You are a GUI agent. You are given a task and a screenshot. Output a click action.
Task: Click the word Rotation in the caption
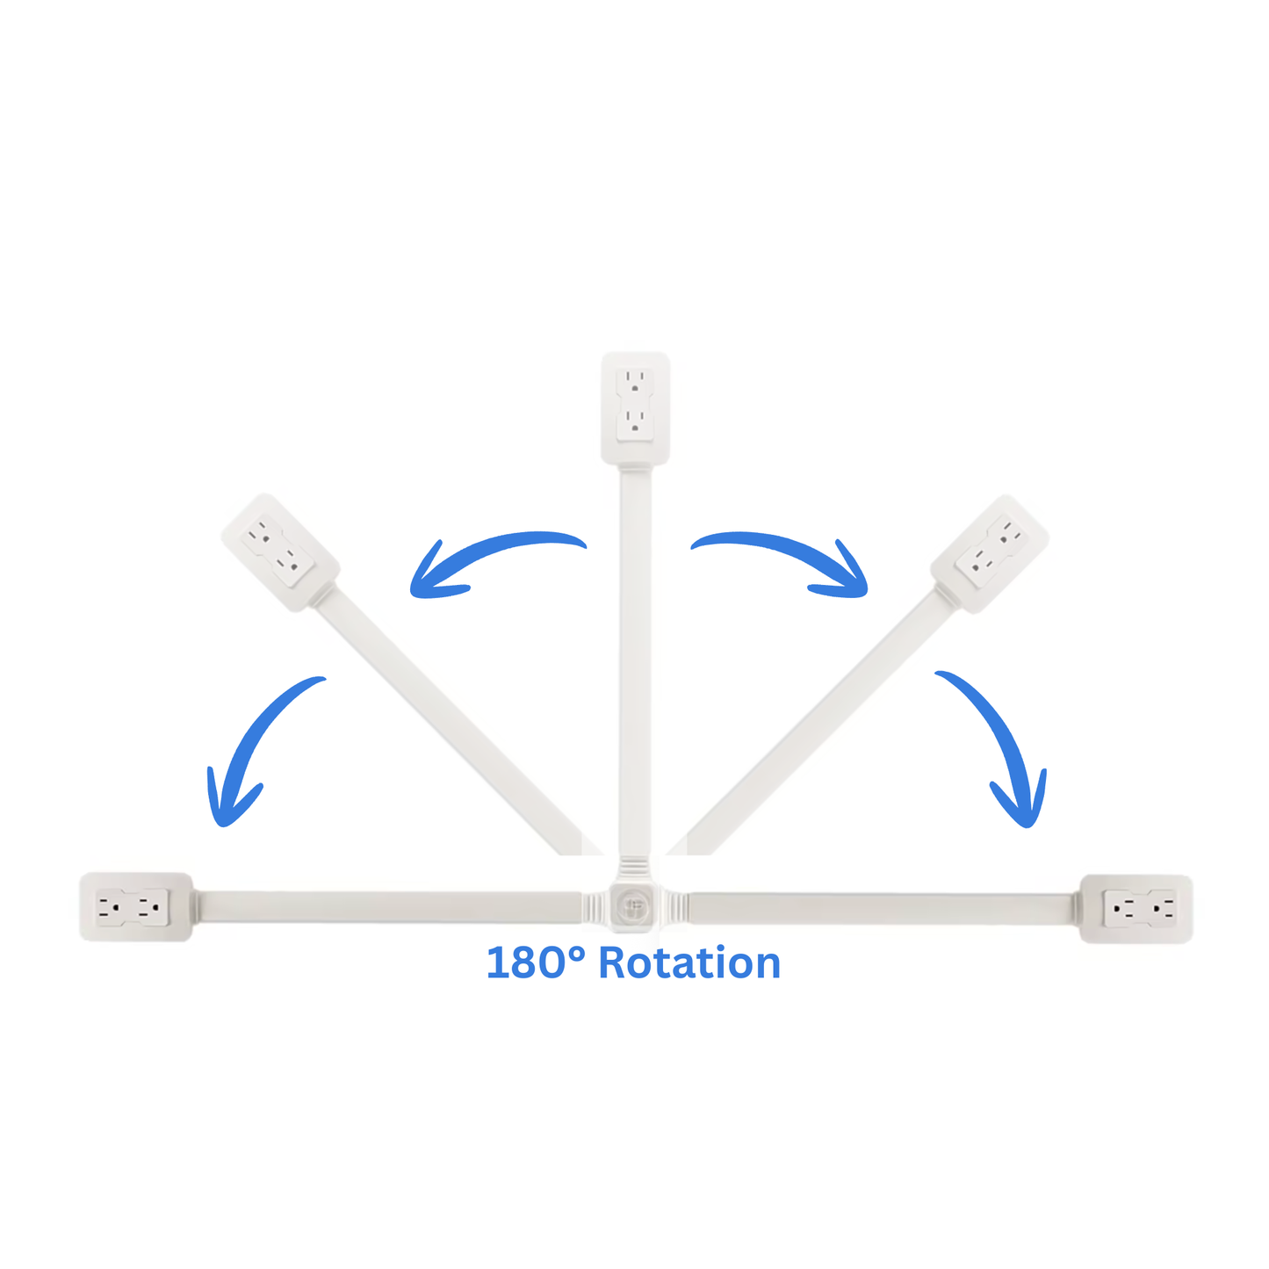(x=689, y=963)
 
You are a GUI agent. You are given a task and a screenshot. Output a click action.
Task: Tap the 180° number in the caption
(x=535, y=963)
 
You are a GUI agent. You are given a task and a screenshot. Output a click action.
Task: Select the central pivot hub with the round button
(x=634, y=905)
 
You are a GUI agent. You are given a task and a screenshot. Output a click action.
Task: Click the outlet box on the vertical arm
(x=635, y=407)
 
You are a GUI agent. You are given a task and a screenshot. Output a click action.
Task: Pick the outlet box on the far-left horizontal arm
(x=136, y=907)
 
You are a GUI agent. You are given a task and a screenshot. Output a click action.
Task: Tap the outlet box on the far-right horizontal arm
(x=1136, y=908)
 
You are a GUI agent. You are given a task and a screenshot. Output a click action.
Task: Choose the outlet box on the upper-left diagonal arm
(x=280, y=552)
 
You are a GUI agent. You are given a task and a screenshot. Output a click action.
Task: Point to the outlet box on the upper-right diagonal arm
(x=990, y=552)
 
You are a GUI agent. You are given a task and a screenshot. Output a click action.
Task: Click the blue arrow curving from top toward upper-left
(x=492, y=560)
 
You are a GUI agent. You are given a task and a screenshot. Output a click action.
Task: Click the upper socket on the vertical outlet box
(x=635, y=380)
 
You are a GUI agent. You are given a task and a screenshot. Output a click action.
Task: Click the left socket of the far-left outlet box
(x=111, y=908)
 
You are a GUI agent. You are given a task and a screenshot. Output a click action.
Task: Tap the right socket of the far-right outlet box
(x=1162, y=908)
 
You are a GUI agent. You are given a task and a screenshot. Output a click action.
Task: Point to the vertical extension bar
(x=635, y=659)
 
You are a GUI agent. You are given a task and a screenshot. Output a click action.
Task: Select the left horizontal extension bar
(x=386, y=906)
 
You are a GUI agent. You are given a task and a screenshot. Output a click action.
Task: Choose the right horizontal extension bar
(x=883, y=907)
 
